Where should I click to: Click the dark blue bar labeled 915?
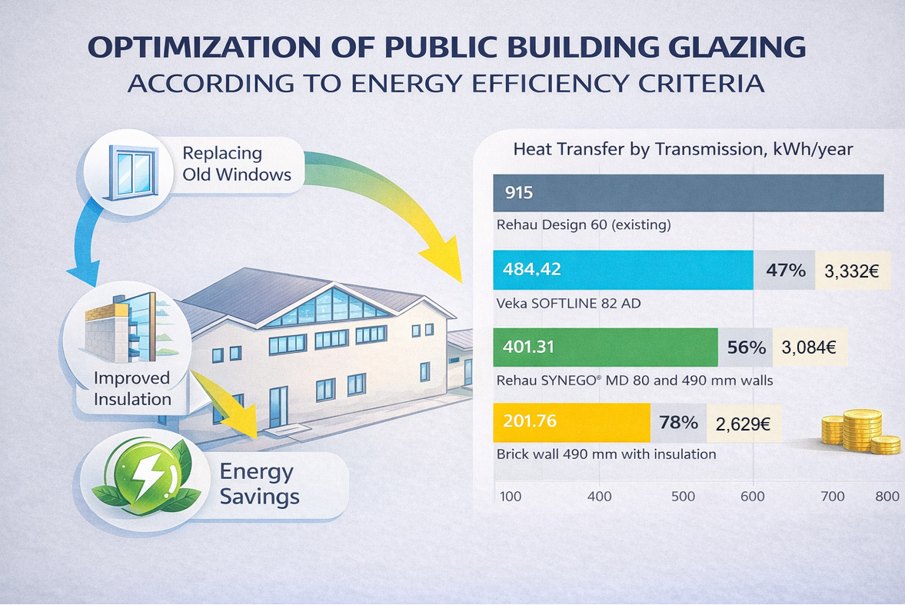click(687, 193)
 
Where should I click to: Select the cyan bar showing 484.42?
click(623, 270)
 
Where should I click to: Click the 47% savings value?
click(785, 270)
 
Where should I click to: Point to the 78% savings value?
click(678, 422)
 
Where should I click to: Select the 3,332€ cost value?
click(851, 270)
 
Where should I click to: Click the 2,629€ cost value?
click(744, 422)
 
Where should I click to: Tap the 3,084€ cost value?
click(808, 347)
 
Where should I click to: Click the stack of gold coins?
click(860, 431)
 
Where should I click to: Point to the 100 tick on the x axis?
click(511, 496)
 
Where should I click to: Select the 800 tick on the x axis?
click(887, 496)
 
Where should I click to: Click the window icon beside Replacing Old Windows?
click(128, 168)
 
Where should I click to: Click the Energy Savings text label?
click(259, 484)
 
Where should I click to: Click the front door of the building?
click(279, 407)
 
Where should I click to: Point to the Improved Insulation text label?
click(132, 388)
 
